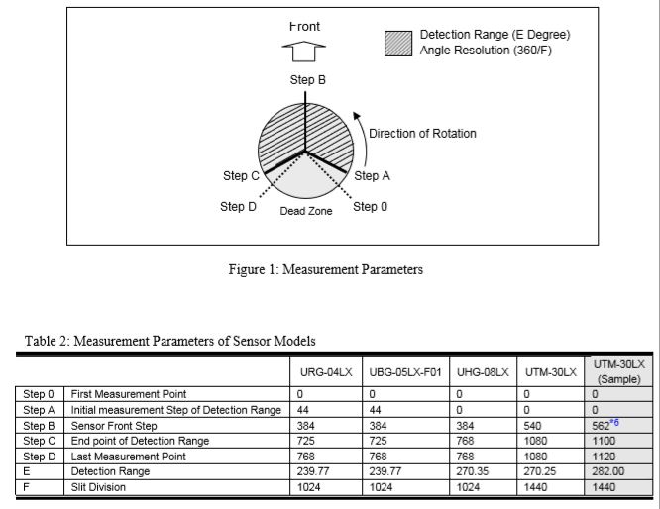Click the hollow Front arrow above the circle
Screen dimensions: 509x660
[306, 51]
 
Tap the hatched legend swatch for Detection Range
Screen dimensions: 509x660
[397, 42]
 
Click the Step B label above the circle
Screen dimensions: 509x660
[307, 80]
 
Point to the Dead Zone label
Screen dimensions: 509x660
[306, 212]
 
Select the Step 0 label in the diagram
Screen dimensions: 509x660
[370, 206]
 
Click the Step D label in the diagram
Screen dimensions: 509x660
[238, 207]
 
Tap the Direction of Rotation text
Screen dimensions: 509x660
[422, 134]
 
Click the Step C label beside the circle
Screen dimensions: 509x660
[241, 176]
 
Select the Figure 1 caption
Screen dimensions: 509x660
[326, 269]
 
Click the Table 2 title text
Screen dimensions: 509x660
[169, 341]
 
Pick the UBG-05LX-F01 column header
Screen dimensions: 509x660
[403, 372]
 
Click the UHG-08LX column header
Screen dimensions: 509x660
[482, 372]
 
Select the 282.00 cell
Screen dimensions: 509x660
[604, 472]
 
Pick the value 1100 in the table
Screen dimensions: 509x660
[602, 441]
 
